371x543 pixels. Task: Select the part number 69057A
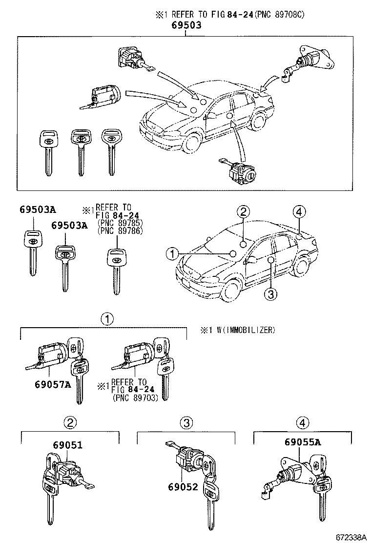click(53, 383)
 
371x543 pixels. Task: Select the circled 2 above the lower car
click(244, 212)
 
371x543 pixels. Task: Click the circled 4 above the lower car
click(299, 212)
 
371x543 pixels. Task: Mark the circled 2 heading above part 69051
click(70, 423)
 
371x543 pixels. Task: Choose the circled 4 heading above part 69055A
click(303, 423)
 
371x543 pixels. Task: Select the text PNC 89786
click(120, 231)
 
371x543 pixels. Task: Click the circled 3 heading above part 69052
click(186, 423)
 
